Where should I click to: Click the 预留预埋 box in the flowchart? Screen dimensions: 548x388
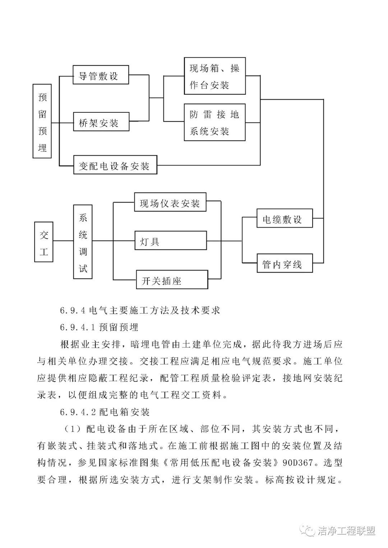(42, 121)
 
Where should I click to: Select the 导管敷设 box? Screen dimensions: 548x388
(101, 75)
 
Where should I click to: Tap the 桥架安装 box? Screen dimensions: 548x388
(101, 122)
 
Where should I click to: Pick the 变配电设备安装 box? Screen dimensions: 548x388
(115, 165)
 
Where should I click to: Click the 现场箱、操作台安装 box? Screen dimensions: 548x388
(214, 76)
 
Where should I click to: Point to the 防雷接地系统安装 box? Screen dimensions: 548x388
(214, 122)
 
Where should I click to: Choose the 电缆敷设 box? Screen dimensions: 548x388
(285, 218)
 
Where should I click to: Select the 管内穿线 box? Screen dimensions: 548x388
(285, 263)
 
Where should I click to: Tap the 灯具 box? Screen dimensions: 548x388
(171, 240)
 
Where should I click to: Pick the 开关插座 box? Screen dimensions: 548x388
(172, 280)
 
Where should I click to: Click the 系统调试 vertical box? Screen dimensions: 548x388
(83, 242)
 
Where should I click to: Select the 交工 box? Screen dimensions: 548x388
(44, 242)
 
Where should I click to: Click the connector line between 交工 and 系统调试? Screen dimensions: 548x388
(63, 241)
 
